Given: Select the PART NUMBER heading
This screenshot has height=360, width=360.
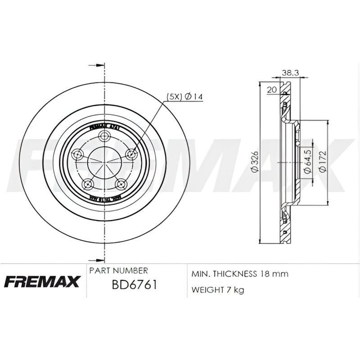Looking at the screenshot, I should click(x=119, y=271).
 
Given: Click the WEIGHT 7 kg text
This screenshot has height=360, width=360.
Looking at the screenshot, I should click(x=218, y=290).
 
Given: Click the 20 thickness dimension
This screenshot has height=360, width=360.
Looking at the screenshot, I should click(x=271, y=90).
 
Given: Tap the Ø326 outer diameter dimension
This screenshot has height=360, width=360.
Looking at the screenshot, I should click(x=254, y=162).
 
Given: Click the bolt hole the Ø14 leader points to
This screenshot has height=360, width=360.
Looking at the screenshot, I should click(x=132, y=154).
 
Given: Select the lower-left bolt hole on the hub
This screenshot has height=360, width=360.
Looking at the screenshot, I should click(x=88, y=183).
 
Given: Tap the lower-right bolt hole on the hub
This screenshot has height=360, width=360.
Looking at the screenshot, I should click(x=120, y=183).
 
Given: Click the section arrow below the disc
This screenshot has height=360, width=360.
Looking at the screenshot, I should click(x=95, y=260).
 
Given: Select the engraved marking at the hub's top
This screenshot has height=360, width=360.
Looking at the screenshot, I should click(x=104, y=127).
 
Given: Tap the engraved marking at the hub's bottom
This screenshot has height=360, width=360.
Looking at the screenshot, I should click(x=104, y=198).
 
